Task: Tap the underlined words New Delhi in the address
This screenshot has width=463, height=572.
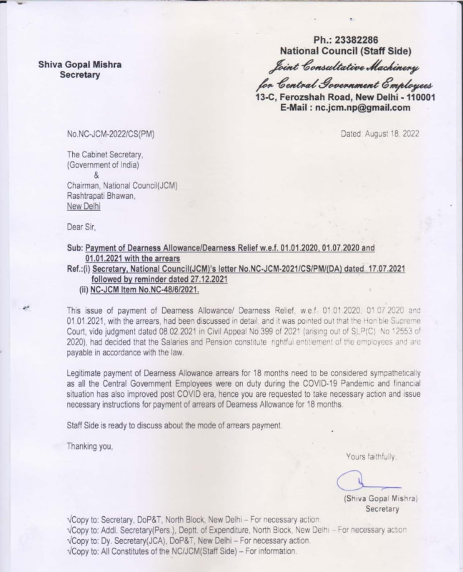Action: tap(84, 207)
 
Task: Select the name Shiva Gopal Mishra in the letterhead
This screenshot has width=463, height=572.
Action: tap(79, 64)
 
